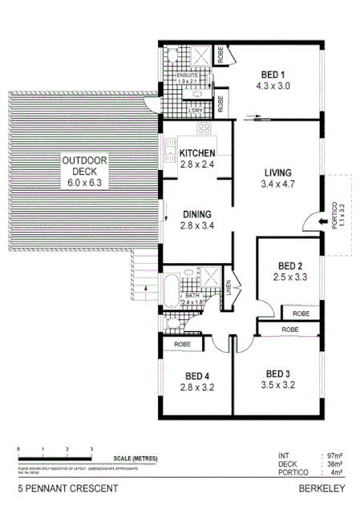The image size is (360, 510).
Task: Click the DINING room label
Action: click(197, 214)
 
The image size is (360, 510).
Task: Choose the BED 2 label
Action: click(289, 266)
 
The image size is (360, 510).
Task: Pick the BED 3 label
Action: click(278, 374)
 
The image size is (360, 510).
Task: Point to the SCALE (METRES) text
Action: click(135, 457)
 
